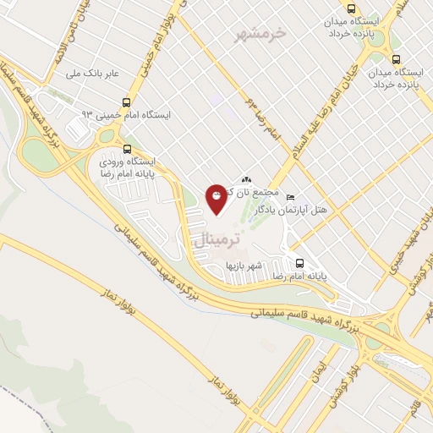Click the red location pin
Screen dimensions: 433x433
[x=217, y=197]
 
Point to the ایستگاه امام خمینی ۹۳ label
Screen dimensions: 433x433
[x=127, y=114]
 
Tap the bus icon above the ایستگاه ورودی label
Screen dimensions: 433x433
[x=127, y=145]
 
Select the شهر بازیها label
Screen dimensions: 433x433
[x=244, y=265]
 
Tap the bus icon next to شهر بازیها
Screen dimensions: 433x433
[x=298, y=261]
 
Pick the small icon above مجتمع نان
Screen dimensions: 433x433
[x=247, y=179]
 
